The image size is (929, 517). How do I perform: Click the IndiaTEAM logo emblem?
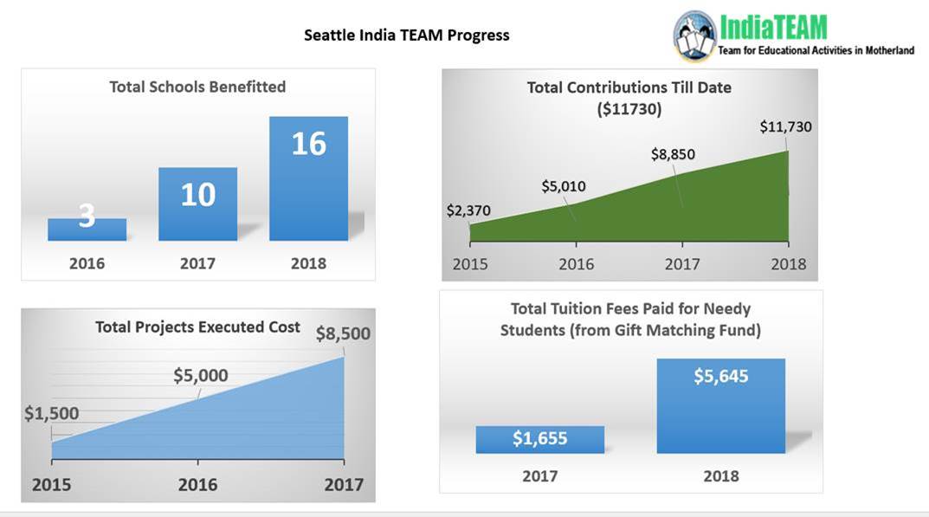coord(694,36)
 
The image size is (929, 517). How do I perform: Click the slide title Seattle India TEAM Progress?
coord(406,36)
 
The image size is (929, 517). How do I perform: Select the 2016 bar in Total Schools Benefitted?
coord(87,229)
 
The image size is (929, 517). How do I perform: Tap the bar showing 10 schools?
coord(197,204)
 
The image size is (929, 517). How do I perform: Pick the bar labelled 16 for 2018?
coord(308,178)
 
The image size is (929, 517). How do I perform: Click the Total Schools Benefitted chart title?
coord(197,87)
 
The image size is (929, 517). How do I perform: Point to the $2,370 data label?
coord(468,210)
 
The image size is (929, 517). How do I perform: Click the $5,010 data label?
coord(564,186)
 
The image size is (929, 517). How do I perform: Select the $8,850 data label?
coord(673,154)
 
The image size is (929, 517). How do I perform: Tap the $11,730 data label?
coord(785,126)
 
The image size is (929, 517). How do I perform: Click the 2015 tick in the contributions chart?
coord(470,264)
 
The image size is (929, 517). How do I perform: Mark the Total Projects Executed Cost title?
coord(197,327)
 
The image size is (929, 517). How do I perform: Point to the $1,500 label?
coord(51,413)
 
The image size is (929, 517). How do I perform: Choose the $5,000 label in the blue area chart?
coord(200,375)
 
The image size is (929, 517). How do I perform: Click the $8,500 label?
coord(343,333)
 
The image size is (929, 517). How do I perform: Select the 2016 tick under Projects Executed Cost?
coord(197,485)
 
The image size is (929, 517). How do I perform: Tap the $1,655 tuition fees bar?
coord(539,439)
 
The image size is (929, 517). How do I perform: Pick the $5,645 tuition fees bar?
coord(720,405)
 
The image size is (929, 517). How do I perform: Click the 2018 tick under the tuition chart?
coord(720,475)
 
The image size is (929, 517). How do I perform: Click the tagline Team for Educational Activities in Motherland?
coord(816,51)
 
